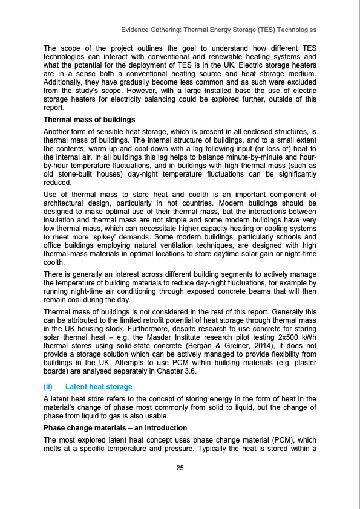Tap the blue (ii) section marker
point(50,386)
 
